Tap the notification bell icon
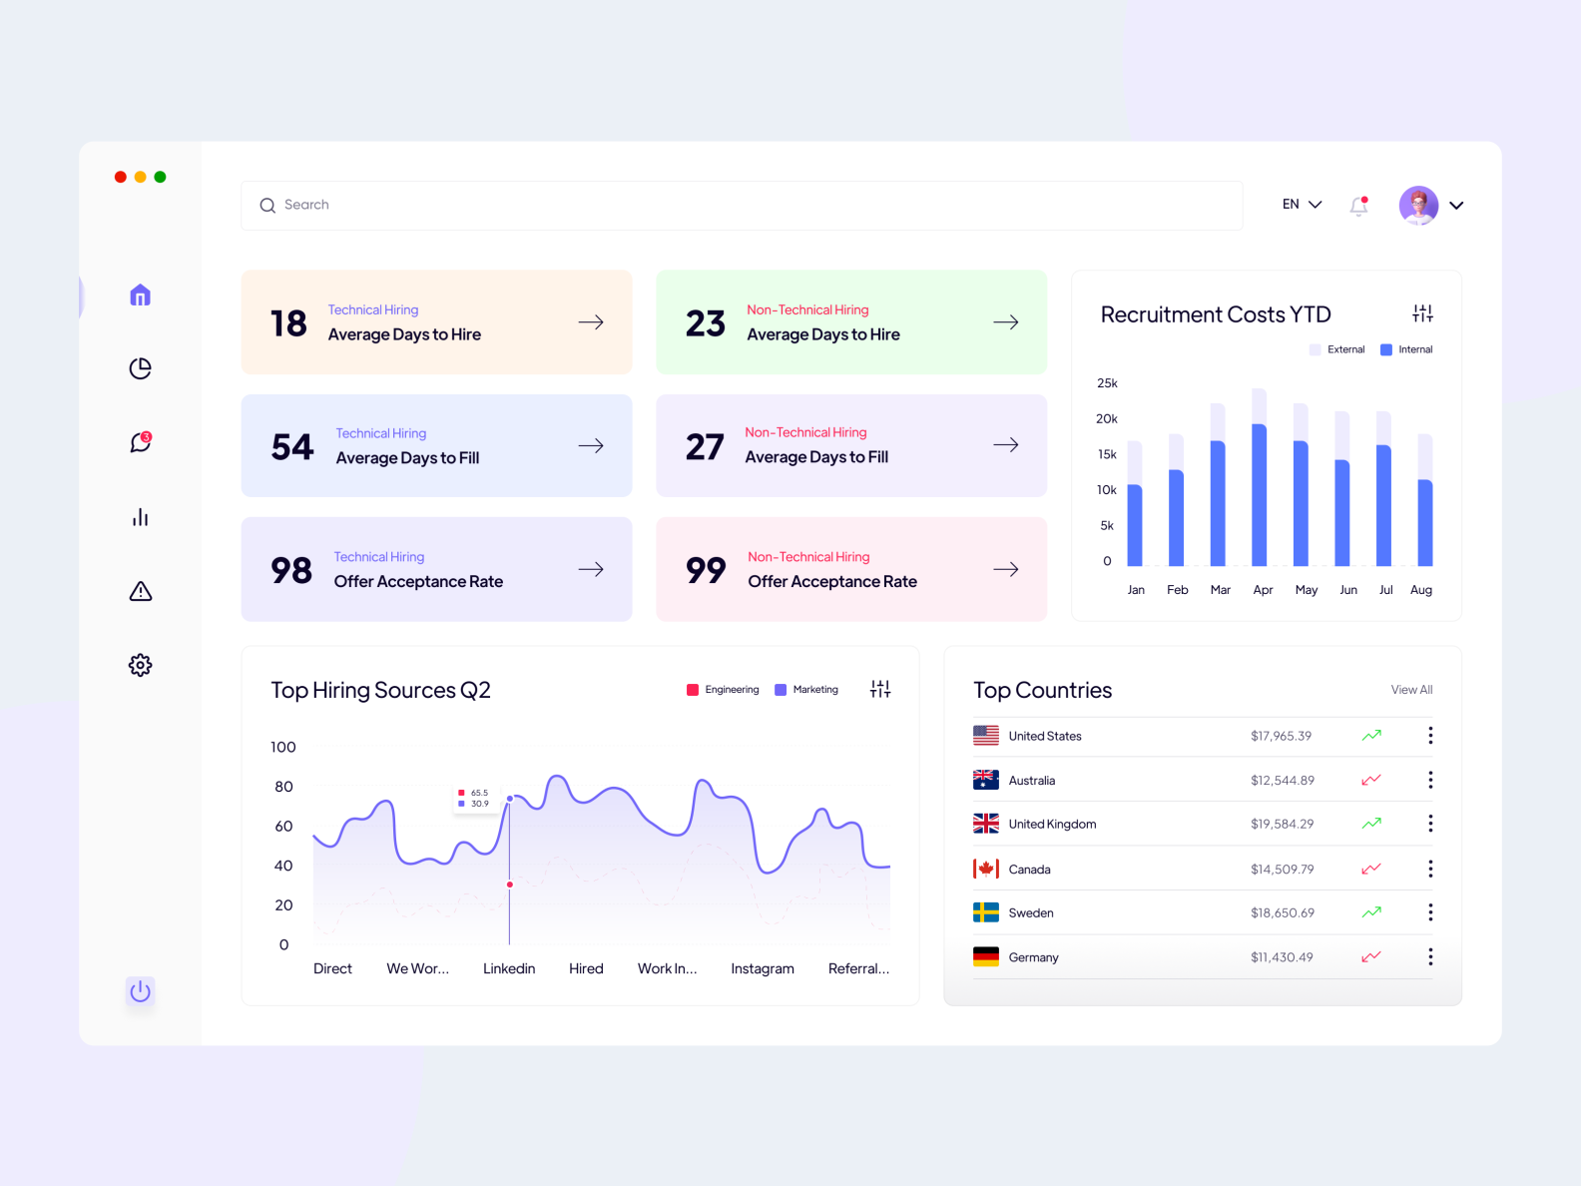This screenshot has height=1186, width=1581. (1358, 206)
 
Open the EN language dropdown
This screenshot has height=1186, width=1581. (1302, 205)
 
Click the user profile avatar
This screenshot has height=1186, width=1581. (1418, 206)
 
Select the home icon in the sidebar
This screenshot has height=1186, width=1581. (141, 296)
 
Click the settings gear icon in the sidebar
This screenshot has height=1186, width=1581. (141, 665)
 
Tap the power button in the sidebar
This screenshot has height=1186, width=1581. (141, 991)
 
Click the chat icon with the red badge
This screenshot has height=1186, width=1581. (141, 442)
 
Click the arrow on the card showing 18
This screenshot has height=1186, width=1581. (591, 322)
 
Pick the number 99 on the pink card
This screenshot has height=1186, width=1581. (706, 570)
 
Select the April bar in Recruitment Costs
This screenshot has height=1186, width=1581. (1260, 494)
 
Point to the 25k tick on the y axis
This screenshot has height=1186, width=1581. (1107, 383)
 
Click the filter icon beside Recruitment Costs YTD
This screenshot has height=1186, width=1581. (1422, 313)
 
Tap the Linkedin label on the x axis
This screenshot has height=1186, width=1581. (509, 968)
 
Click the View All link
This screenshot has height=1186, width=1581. (1411, 690)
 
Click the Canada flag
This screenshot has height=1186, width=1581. (986, 869)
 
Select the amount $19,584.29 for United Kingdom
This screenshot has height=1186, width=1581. (1282, 825)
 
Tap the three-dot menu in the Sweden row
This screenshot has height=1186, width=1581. (1430, 912)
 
